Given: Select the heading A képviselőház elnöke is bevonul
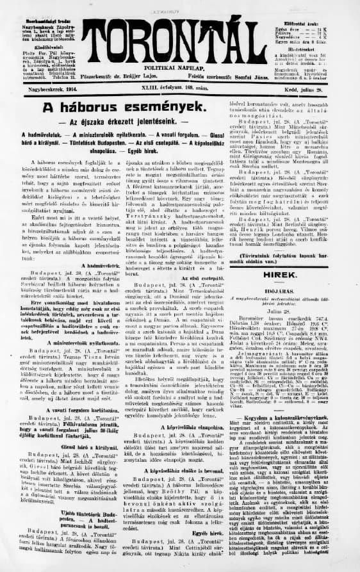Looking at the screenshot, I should pos(192,418).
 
